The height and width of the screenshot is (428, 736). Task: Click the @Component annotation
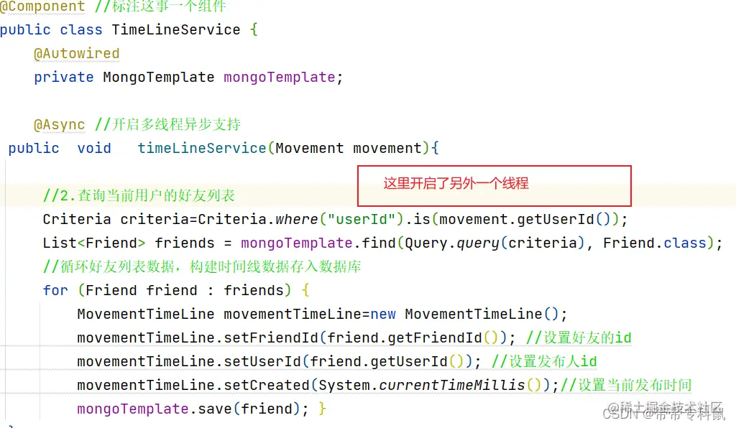coord(42,6)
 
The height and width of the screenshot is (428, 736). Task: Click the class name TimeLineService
coord(176,30)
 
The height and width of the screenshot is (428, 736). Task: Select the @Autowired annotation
coord(77,54)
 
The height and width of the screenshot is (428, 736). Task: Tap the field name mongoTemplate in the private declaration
coord(279,78)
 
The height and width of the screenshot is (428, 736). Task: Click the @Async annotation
coord(60,125)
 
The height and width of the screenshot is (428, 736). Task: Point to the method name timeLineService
coord(202,149)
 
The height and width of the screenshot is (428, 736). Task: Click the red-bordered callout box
coord(494,185)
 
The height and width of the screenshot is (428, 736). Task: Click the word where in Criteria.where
coord(298,219)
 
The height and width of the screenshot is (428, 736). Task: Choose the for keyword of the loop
coord(55,290)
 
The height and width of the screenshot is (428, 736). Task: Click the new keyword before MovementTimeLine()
coord(383,314)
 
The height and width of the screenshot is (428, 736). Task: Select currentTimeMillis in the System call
coord(452,385)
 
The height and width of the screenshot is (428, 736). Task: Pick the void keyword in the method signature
coord(94,149)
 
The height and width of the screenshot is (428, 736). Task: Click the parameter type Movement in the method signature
coord(310,149)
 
